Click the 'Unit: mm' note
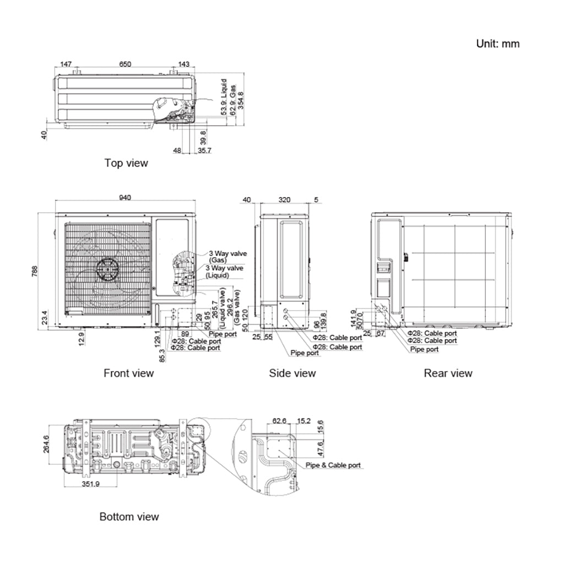tap(497, 44)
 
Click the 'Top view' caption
tap(126, 163)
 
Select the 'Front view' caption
tap(128, 373)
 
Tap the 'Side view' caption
tap(292, 373)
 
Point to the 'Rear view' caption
tap(448, 373)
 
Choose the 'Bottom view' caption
tap(129, 517)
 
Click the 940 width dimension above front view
tap(125, 199)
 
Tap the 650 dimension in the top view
tap(125, 64)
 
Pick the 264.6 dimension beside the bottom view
tap(46, 444)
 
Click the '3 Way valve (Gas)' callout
tap(227, 256)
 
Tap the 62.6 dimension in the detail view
tap(280, 421)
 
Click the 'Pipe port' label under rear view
tap(425, 349)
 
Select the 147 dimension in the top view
tap(66, 64)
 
